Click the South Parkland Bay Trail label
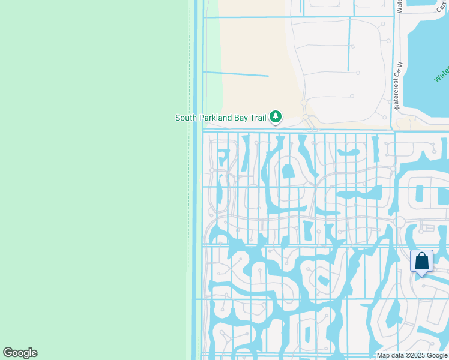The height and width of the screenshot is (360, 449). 220,118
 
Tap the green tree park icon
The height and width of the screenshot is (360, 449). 276,116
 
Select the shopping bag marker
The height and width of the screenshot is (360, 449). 421,262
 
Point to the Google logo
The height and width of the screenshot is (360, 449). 20,353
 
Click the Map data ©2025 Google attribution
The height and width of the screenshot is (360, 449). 412,355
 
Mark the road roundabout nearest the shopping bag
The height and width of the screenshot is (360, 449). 400,222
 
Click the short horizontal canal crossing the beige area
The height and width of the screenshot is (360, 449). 236,74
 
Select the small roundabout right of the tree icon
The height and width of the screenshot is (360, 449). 304,103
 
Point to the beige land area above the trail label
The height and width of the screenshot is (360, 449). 252,48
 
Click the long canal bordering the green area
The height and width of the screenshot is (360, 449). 196,180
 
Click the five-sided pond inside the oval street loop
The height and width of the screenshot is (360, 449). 288,171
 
